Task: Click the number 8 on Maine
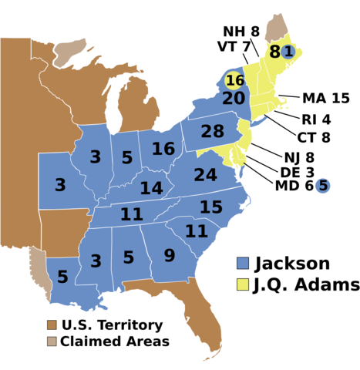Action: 274,52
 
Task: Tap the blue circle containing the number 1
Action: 288,52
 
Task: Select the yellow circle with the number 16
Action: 234,80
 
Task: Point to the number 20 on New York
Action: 234,99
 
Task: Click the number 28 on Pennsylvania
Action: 212,132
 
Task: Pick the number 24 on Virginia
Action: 205,176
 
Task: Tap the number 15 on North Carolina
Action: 210,207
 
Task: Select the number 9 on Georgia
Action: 169,256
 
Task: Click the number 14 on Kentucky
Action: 151,188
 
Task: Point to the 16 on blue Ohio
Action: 163,149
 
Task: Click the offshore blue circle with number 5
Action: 323,186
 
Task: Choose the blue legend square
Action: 243,263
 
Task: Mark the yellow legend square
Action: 243,284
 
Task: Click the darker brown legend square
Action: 52,325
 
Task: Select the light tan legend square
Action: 52,341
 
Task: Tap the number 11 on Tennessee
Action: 131,214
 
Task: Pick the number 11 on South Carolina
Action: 196,231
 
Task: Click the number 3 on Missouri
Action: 60,185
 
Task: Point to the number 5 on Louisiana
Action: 62,277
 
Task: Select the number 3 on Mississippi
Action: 96,261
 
